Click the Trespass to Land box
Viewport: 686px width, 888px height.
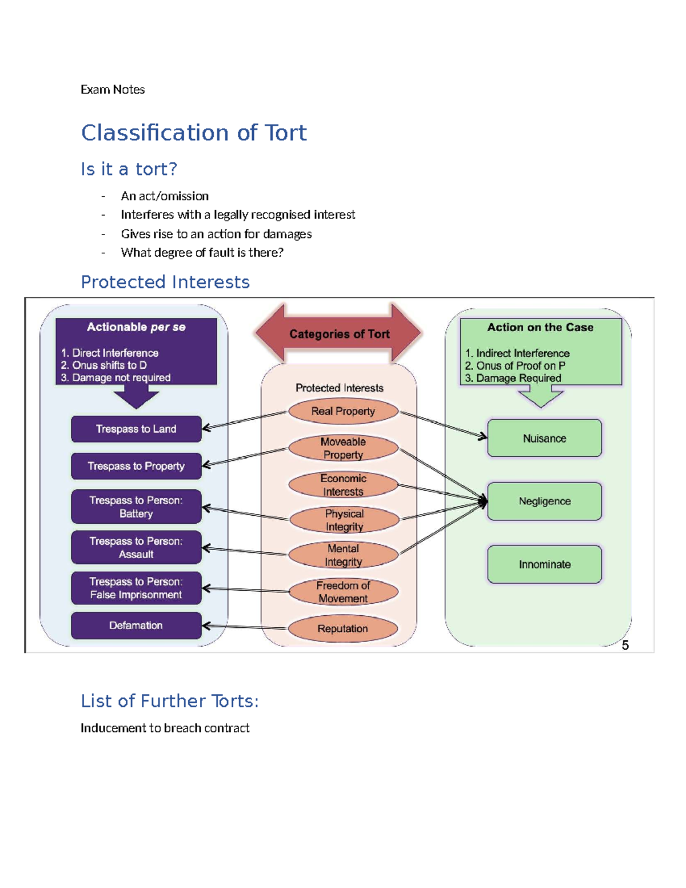[x=136, y=429]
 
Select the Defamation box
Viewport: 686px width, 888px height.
[x=136, y=626]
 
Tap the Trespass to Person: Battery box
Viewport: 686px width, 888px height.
[x=136, y=507]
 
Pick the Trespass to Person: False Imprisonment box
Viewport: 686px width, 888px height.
[x=136, y=588]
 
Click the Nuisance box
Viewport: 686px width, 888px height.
[x=544, y=439]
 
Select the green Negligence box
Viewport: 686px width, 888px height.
[x=544, y=501]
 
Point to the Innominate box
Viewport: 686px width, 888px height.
[x=544, y=564]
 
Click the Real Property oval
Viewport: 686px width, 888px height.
[x=343, y=411]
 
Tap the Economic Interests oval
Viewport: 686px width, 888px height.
[x=343, y=485]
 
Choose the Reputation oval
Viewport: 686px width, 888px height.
[x=342, y=628]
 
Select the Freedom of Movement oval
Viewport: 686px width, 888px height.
[x=343, y=592]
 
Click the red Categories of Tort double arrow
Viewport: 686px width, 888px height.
[x=338, y=334]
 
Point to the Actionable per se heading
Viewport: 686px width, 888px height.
[x=136, y=327]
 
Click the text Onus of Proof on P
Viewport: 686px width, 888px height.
[x=520, y=365]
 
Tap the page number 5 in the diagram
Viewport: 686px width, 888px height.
[x=625, y=645]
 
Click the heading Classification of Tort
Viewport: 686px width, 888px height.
[x=194, y=133]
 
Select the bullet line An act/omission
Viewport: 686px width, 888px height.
[x=165, y=196]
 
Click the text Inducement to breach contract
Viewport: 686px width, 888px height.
[x=165, y=728]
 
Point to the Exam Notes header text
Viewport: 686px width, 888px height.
[x=113, y=89]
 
